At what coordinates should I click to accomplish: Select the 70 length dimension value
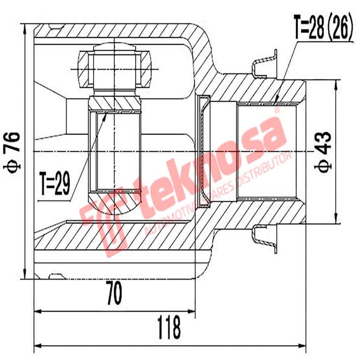(114, 295)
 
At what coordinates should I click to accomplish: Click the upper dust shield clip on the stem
(264, 63)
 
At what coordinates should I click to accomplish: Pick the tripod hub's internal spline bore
(116, 151)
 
